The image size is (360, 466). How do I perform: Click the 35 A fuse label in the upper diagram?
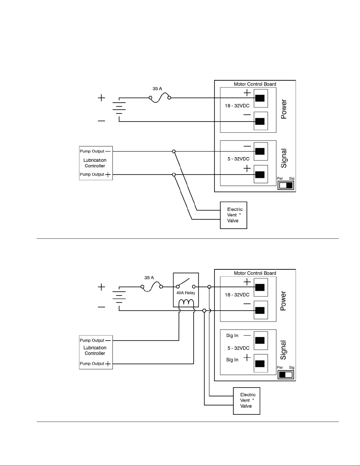tap(157, 88)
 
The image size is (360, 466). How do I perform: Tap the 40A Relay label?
tap(185, 293)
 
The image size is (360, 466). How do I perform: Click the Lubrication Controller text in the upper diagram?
tap(95, 163)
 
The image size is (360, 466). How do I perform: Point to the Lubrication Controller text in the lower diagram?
tap(95, 350)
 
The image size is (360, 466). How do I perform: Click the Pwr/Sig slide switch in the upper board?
tap(286, 185)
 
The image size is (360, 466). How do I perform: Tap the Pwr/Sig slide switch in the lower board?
tap(286, 375)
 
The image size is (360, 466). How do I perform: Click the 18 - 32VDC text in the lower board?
tap(237, 295)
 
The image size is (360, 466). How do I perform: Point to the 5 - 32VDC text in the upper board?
tap(238, 159)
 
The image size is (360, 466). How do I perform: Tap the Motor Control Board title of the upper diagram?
tap(255, 84)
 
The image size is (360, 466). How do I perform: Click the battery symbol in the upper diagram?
tap(119, 110)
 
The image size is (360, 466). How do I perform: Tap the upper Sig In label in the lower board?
tap(232, 335)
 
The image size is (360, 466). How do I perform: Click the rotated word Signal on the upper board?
tap(284, 158)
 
